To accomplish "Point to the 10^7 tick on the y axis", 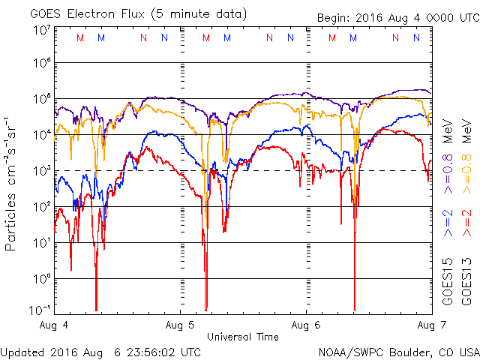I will tap(41, 30).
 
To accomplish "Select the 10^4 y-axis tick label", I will tap(41, 134).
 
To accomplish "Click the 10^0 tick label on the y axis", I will tap(41, 278).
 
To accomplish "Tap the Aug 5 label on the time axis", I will tap(181, 325).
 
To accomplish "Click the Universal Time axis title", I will tap(243, 337).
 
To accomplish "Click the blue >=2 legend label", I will tap(448, 220).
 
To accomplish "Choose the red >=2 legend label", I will tap(466, 220).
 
